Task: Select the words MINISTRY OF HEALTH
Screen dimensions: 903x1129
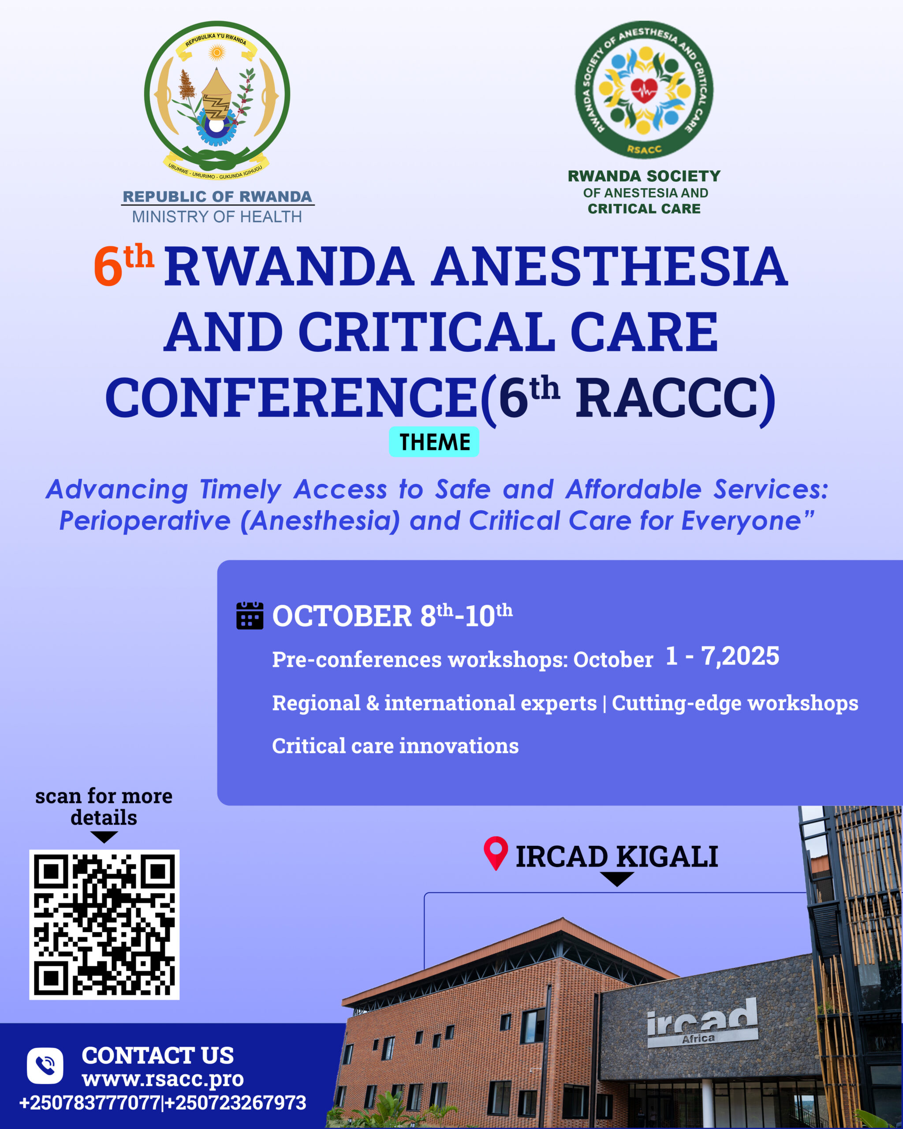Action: (217, 216)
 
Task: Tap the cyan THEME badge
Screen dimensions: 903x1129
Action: (434, 442)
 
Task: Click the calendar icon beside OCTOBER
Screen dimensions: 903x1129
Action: (250, 616)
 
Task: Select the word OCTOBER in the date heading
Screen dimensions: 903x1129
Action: (342, 616)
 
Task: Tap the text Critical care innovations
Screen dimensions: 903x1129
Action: (395, 746)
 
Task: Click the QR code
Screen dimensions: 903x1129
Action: (104, 925)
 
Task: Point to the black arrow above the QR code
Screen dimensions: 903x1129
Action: (104, 837)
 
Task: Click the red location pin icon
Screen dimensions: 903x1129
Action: (495, 853)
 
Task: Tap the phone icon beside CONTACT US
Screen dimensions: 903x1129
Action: (45, 1065)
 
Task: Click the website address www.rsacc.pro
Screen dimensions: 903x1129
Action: (163, 1078)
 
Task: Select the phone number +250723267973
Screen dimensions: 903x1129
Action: (235, 1103)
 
